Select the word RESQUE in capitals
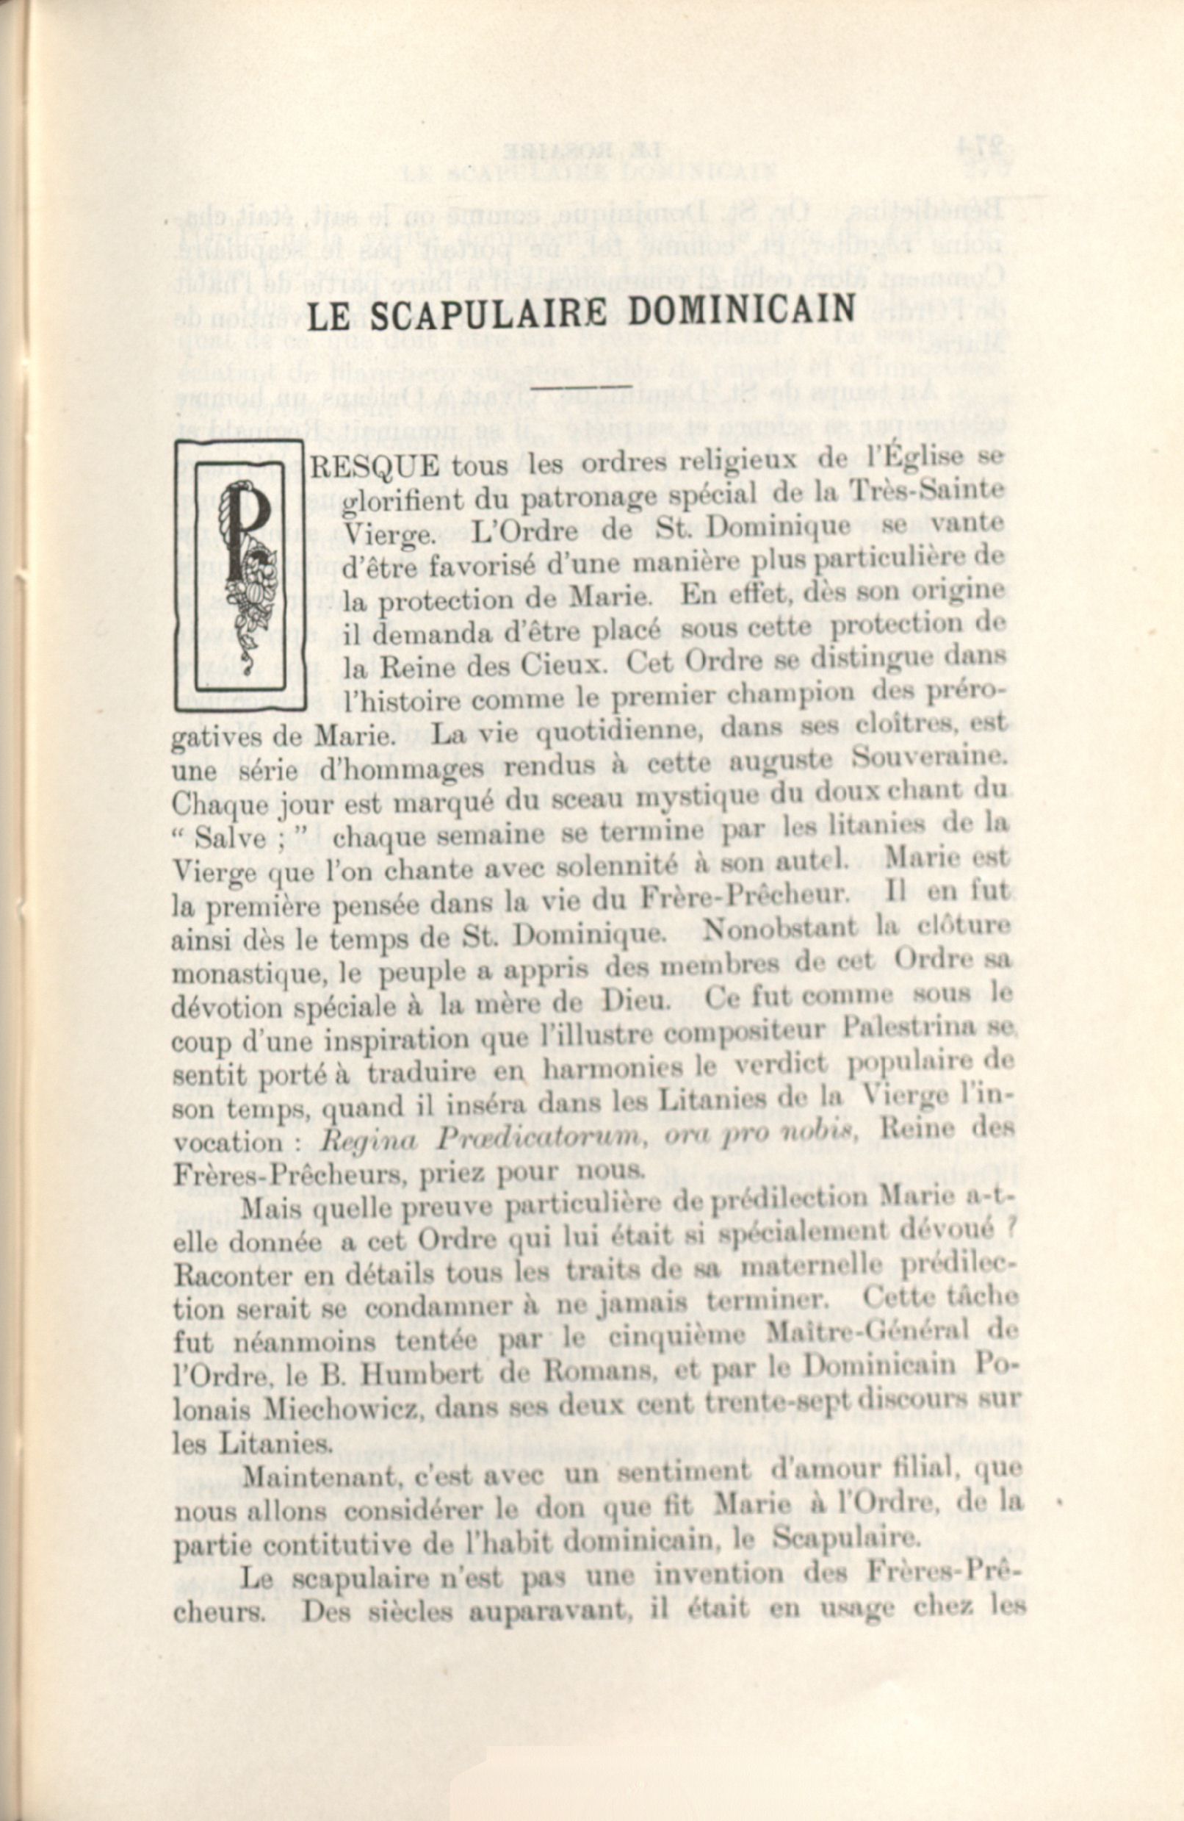coord(375,466)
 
